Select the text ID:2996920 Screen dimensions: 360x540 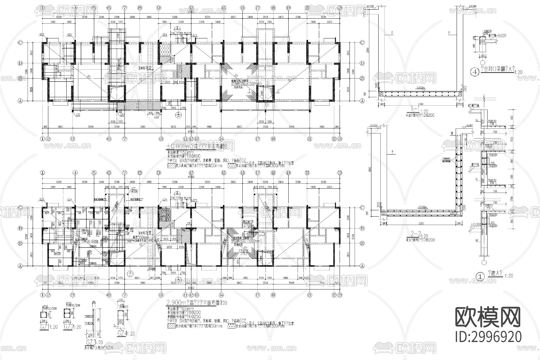[488, 337]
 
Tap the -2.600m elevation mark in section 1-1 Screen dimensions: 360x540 [420, 88]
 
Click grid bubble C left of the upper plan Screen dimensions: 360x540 [20, 43]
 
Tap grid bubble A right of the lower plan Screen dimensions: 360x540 [362, 266]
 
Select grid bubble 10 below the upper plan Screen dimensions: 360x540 [161, 139]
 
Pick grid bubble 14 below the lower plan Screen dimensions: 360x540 [221, 295]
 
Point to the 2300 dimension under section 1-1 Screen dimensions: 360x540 [420, 104]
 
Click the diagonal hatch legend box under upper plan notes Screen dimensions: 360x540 [171, 165]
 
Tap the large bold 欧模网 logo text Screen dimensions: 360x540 [488, 317]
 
